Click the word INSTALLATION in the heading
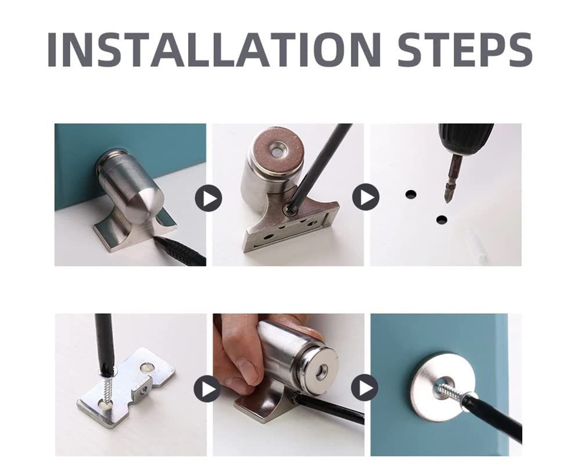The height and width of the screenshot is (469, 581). [x=214, y=49]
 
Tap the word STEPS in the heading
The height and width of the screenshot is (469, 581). [x=465, y=49]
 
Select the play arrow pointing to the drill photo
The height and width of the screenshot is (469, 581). [x=365, y=197]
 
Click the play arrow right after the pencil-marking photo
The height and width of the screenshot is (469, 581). [x=208, y=198]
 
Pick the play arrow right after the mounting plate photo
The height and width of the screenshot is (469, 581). [x=207, y=389]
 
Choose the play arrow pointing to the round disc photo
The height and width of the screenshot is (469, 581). [x=365, y=388]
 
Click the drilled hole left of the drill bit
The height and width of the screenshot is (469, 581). [x=411, y=194]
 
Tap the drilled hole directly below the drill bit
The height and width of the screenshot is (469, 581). [x=442, y=220]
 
